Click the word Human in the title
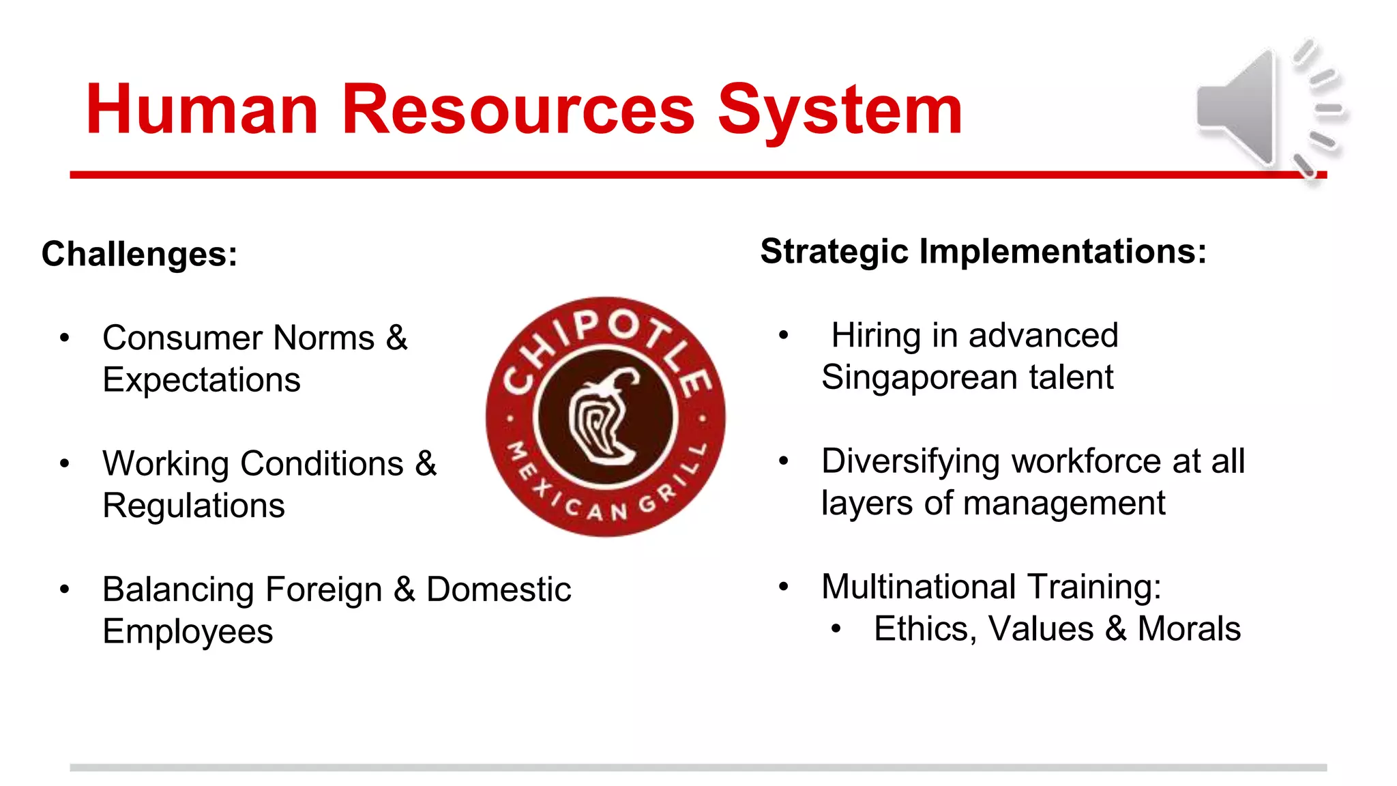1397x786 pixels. point(202,109)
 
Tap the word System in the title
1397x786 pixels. point(840,109)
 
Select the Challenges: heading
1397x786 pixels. point(140,254)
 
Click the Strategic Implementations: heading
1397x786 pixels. point(983,251)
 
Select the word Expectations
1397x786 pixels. point(201,379)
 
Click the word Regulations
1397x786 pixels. point(194,506)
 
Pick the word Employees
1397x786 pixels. point(188,631)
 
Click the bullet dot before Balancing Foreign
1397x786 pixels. point(65,589)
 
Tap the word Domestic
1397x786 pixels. point(498,589)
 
